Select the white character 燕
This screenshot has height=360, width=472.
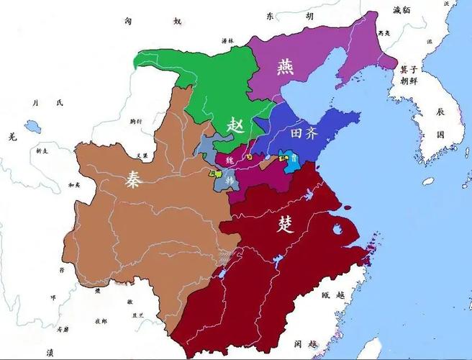[281, 67]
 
